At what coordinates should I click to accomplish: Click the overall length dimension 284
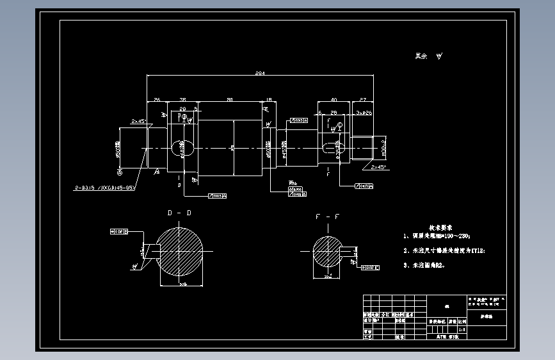pyautogui.click(x=260, y=74)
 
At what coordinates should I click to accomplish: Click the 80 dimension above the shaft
pyautogui.click(x=229, y=99)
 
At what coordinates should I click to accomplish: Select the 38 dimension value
pyautogui.click(x=182, y=99)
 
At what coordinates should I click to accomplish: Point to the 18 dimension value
pyautogui.click(x=268, y=99)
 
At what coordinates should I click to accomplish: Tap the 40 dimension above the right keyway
pyautogui.click(x=334, y=99)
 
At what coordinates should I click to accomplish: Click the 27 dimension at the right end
pyautogui.click(x=363, y=99)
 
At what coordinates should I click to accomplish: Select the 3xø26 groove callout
pyautogui.click(x=364, y=112)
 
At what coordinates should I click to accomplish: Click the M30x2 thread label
pyautogui.click(x=383, y=147)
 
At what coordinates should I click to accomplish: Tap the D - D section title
pyautogui.click(x=179, y=212)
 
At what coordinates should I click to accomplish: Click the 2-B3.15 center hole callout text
pyautogui.click(x=104, y=188)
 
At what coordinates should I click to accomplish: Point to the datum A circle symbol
pyautogui.click(x=119, y=172)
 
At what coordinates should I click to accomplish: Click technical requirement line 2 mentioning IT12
pyautogui.click(x=444, y=251)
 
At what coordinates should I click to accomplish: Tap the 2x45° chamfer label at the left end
pyautogui.click(x=139, y=120)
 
